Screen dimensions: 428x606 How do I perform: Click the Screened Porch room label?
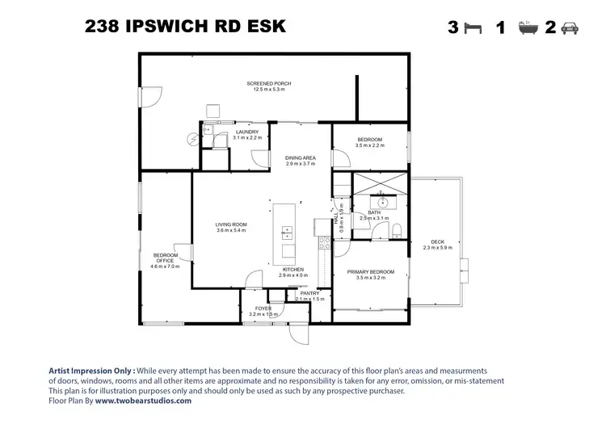(269, 83)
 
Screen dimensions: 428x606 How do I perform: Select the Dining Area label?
(301, 157)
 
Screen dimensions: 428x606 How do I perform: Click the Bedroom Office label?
(164, 258)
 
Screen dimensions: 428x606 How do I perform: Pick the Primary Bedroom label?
(371, 272)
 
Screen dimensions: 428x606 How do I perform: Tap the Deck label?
(438, 241)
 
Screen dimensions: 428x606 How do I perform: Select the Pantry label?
(309, 293)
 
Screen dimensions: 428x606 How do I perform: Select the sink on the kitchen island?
(287, 233)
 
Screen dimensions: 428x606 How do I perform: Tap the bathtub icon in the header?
(528, 27)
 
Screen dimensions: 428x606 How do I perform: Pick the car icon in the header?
(570, 27)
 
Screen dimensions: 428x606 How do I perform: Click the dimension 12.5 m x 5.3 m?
(269, 90)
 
